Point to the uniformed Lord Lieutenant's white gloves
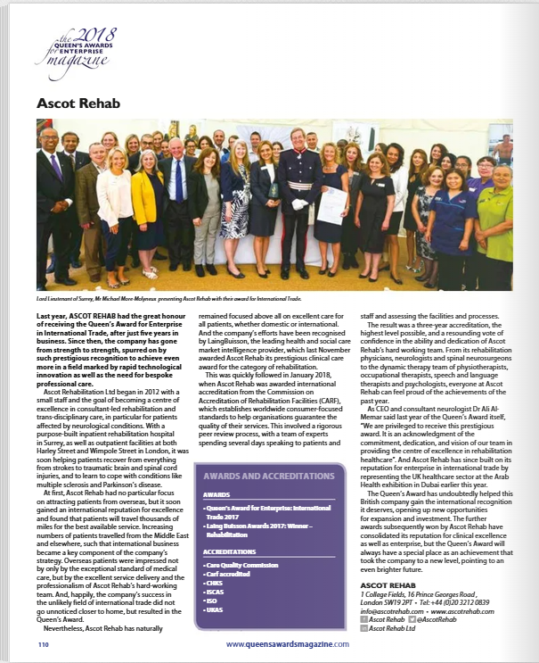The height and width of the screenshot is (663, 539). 300,204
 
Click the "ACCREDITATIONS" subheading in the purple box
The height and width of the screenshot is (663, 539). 230,551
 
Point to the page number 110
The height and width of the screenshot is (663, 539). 43,643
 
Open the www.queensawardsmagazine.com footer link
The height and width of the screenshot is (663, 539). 287,643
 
